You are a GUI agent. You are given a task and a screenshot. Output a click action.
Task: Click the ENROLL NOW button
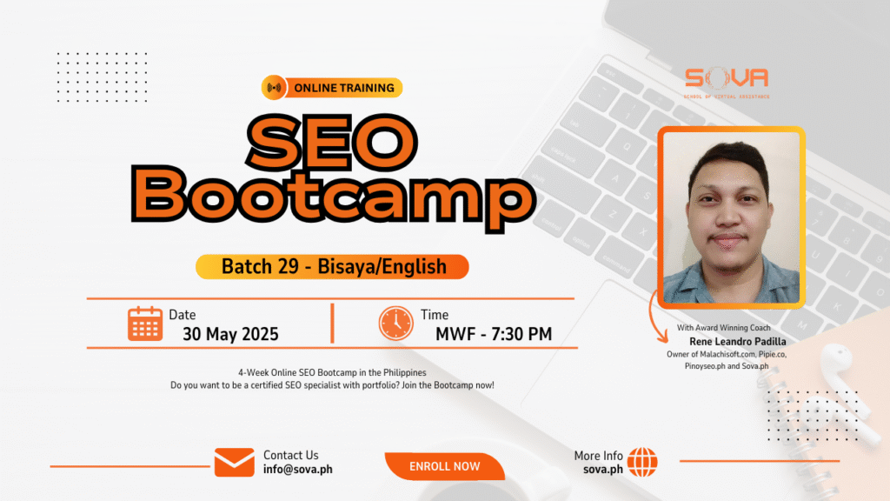click(444, 466)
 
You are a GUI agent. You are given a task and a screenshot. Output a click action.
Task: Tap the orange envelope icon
click(235, 463)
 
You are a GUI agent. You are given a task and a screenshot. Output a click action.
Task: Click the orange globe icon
click(642, 462)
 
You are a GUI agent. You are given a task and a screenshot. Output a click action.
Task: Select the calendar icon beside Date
click(145, 324)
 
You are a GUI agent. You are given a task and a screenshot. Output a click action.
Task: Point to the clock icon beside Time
click(395, 324)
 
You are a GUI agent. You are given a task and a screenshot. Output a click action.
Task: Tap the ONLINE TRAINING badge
click(332, 88)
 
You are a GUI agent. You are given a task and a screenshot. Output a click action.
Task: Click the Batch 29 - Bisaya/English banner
click(332, 266)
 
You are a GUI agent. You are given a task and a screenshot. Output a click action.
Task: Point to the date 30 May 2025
click(230, 334)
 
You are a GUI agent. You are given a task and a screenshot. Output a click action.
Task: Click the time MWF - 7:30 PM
click(494, 334)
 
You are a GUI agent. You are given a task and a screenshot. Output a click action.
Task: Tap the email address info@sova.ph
click(298, 469)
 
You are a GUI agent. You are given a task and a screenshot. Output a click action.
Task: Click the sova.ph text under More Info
click(603, 469)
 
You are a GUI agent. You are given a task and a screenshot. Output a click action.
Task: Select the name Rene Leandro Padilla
click(738, 341)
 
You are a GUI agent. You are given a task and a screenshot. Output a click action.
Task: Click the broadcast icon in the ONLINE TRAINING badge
click(274, 88)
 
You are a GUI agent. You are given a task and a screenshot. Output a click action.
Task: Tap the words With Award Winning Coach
click(724, 328)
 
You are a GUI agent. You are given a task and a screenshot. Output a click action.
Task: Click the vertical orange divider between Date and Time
click(333, 324)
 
